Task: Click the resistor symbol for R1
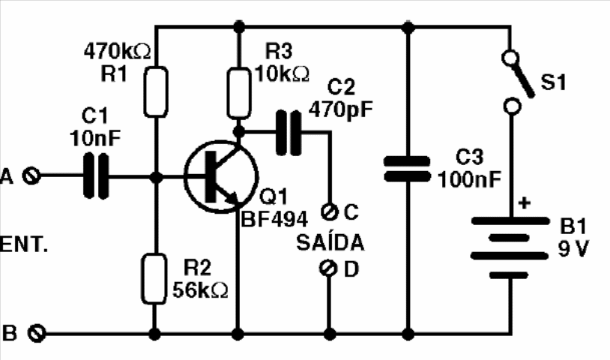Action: (155, 91)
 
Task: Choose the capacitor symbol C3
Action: (407, 169)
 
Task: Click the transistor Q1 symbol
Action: (217, 178)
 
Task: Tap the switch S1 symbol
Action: (518, 81)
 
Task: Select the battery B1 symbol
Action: (510, 247)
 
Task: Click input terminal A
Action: (31, 176)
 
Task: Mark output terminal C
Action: (327, 212)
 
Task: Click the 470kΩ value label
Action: (117, 52)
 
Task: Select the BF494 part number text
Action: (274, 220)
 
